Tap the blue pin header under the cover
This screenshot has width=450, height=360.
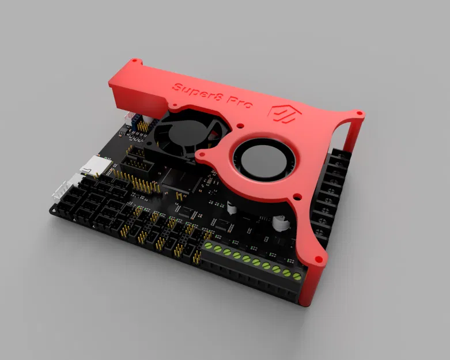pyautogui.click(x=140, y=122)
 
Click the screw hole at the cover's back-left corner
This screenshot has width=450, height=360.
pyautogui.click(x=134, y=60)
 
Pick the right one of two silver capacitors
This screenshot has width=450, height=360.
pyautogui.click(x=281, y=221)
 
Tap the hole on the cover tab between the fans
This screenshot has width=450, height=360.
pyautogui.click(x=202, y=154)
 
